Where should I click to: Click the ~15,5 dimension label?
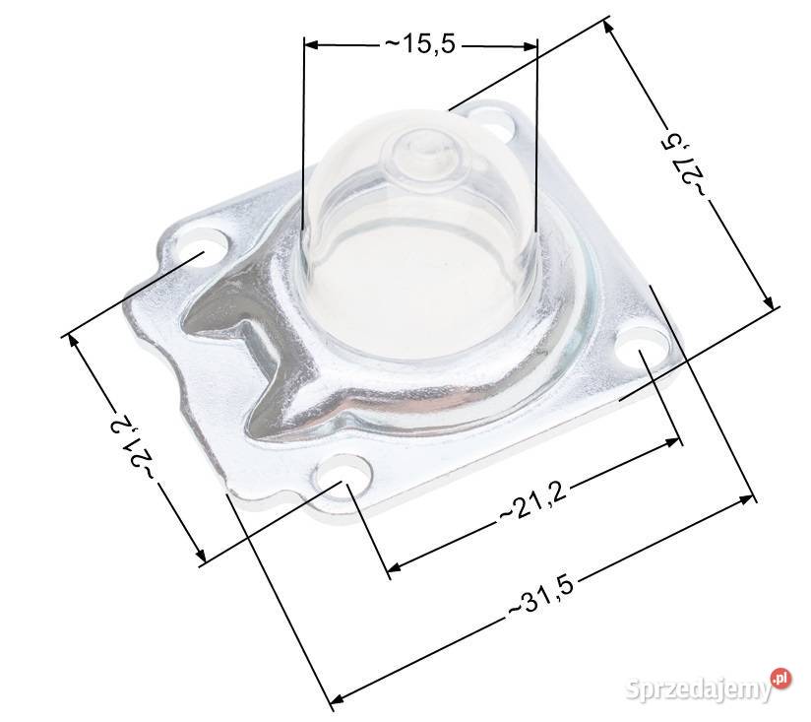[x=420, y=44]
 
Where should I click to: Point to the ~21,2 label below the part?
[x=533, y=501]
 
